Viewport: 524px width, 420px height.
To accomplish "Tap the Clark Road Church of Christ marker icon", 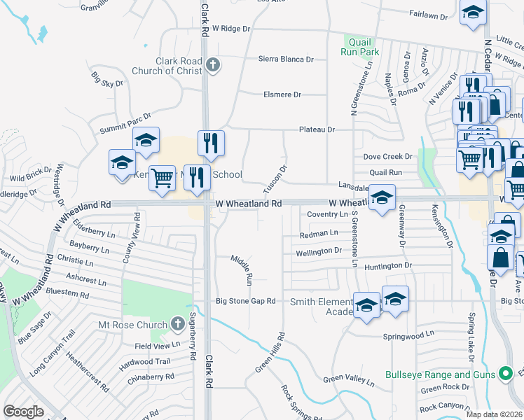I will pyautogui.click(x=214, y=66).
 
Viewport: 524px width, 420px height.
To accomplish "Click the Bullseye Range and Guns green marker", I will pyautogui.click(x=502, y=374).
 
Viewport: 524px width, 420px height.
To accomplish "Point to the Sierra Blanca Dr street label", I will pyautogui.click(x=286, y=59).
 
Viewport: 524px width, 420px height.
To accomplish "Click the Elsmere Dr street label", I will pyautogui.click(x=282, y=94).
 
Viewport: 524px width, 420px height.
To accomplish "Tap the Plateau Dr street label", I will pyautogui.click(x=317, y=129).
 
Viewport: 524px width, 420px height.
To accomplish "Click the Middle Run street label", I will pyautogui.click(x=242, y=269).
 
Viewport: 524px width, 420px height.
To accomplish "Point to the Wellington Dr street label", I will pyautogui.click(x=319, y=251).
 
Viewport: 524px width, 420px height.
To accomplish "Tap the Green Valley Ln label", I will pyautogui.click(x=348, y=379).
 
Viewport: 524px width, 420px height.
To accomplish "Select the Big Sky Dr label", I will pyautogui.click(x=107, y=79).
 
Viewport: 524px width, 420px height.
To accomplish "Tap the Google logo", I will pyautogui.click(x=23, y=412).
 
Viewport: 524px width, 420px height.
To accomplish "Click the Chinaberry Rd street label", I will pyautogui.click(x=150, y=377).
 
